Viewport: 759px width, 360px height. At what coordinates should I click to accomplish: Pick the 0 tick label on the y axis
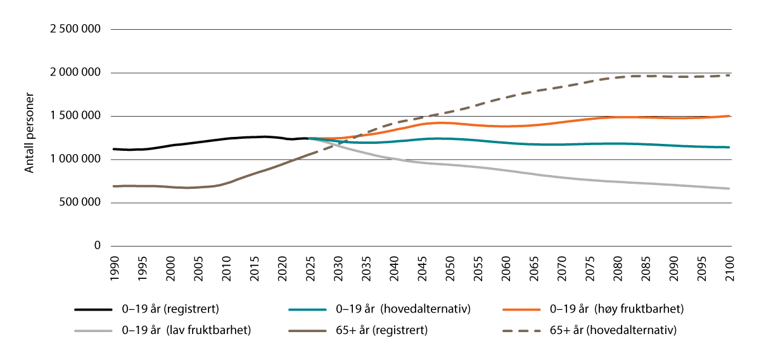[x=97, y=246]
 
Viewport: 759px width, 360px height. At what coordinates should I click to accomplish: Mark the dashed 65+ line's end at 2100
[x=730, y=75]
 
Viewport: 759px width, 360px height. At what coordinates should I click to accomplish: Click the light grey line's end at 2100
[x=730, y=188]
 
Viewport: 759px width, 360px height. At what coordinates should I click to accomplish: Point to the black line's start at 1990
[x=113, y=149]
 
